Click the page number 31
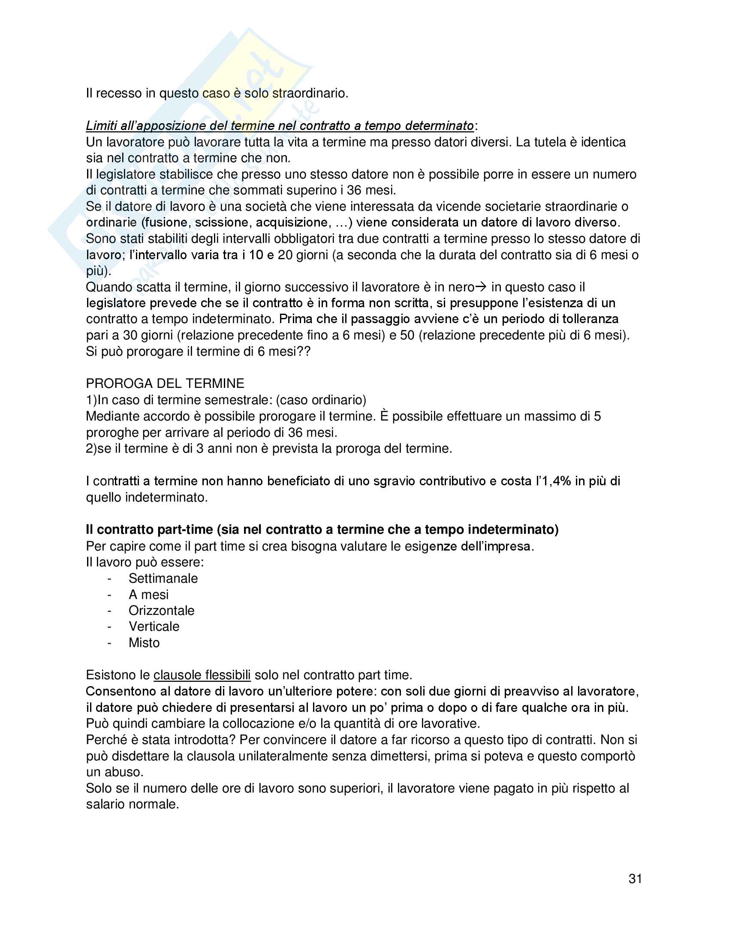click(635, 879)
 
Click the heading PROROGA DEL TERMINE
click(165, 383)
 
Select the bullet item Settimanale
click(163, 578)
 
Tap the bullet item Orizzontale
click(161, 610)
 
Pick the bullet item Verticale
click(154, 626)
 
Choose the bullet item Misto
click(144, 643)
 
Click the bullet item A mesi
click(148, 595)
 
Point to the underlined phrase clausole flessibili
click(202, 675)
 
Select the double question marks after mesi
click(304, 351)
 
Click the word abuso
click(122, 772)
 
